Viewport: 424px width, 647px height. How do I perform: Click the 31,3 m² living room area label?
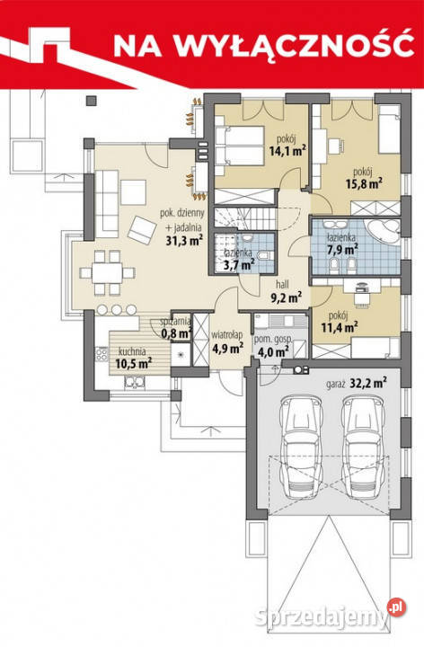(x=184, y=241)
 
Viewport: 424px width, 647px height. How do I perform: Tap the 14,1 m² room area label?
(x=287, y=151)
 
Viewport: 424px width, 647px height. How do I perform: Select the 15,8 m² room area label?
(x=364, y=183)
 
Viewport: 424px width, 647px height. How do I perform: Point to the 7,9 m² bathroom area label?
(x=342, y=250)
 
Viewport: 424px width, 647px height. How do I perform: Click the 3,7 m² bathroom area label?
(x=239, y=262)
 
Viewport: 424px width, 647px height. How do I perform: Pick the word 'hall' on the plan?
(x=283, y=284)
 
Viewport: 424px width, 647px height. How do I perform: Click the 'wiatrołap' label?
(x=227, y=334)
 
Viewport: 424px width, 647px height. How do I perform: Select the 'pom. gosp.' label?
(x=273, y=340)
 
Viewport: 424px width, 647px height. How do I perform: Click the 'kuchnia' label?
(x=132, y=351)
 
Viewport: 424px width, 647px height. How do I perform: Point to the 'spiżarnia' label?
(x=175, y=321)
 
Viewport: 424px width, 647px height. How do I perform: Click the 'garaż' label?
(x=335, y=385)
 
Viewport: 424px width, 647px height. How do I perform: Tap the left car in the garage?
(x=300, y=447)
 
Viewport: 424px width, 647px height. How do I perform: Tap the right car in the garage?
(x=364, y=447)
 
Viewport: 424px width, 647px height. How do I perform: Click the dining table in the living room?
(x=107, y=272)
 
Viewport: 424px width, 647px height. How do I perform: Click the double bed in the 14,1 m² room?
(x=239, y=146)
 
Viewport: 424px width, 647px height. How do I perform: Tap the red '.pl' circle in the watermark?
(x=396, y=607)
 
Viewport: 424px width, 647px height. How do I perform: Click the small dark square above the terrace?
(x=91, y=101)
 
